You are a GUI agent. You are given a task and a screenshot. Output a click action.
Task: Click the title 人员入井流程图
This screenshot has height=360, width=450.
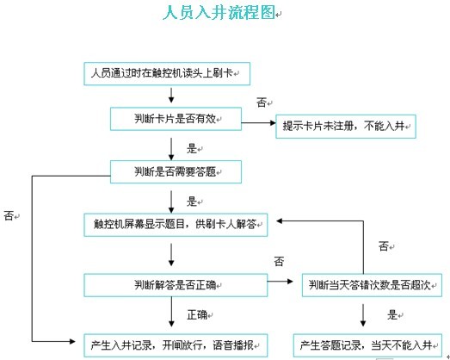point(219,12)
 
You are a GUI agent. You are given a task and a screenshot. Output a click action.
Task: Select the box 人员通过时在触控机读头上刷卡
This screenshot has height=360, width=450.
point(167,73)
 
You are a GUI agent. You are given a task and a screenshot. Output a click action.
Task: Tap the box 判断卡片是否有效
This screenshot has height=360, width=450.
point(176,119)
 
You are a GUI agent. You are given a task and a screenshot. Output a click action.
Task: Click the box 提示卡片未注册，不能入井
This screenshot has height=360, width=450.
point(346,127)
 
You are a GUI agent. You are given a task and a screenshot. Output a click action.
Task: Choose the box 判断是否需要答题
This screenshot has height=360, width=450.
point(176,171)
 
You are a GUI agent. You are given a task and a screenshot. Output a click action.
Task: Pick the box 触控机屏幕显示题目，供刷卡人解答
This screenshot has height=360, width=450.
point(176,225)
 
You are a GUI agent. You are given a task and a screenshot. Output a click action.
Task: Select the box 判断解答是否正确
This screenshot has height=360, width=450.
point(176,285)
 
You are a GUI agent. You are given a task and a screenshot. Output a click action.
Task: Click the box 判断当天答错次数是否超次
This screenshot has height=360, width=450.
point(372,285)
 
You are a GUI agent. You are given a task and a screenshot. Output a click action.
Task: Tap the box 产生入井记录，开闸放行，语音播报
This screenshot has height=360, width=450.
point(176,345)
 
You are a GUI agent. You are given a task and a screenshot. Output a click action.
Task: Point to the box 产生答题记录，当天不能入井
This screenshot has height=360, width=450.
point(367,345)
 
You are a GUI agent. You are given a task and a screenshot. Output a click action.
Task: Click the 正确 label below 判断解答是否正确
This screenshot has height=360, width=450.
point(197,315)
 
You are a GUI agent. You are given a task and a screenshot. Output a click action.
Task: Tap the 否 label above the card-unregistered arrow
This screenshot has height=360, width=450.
point(262,102)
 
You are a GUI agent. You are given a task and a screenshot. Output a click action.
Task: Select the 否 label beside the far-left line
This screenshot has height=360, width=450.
point(9,215)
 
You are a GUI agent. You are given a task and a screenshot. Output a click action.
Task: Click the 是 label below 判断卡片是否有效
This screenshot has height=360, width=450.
point(192,148)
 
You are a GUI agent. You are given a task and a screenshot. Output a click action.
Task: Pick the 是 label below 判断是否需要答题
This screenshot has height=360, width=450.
point(192,202)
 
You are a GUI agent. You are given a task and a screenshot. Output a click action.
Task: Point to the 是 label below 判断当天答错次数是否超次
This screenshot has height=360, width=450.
point(392,315)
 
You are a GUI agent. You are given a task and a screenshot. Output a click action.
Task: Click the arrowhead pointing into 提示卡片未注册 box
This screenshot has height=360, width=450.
point(273,122)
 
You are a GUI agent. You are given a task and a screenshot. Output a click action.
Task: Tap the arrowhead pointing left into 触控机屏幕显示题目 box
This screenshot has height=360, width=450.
point(280,221)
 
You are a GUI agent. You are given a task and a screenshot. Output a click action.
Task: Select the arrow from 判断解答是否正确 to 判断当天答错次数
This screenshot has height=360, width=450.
point(280,282)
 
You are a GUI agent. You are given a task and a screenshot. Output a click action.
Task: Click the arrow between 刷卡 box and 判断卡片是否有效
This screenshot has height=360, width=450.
point(171,96)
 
